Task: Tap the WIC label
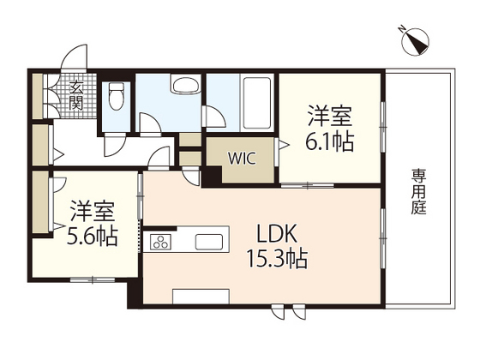click(x=242, y=159)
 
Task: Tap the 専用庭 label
click(x=418, y=194)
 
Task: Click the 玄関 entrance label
click(x=75, y=95)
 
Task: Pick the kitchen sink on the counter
click(x=209, y=242)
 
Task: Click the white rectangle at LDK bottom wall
click(x=201, y=296)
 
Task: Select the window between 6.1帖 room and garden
click(x=380, y=129)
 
